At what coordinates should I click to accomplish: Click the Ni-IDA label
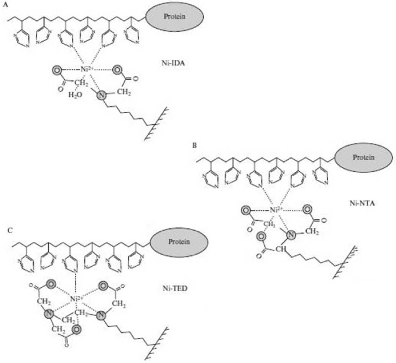(x=173, y=63)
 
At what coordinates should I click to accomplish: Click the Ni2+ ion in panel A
(x=86, y=70)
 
